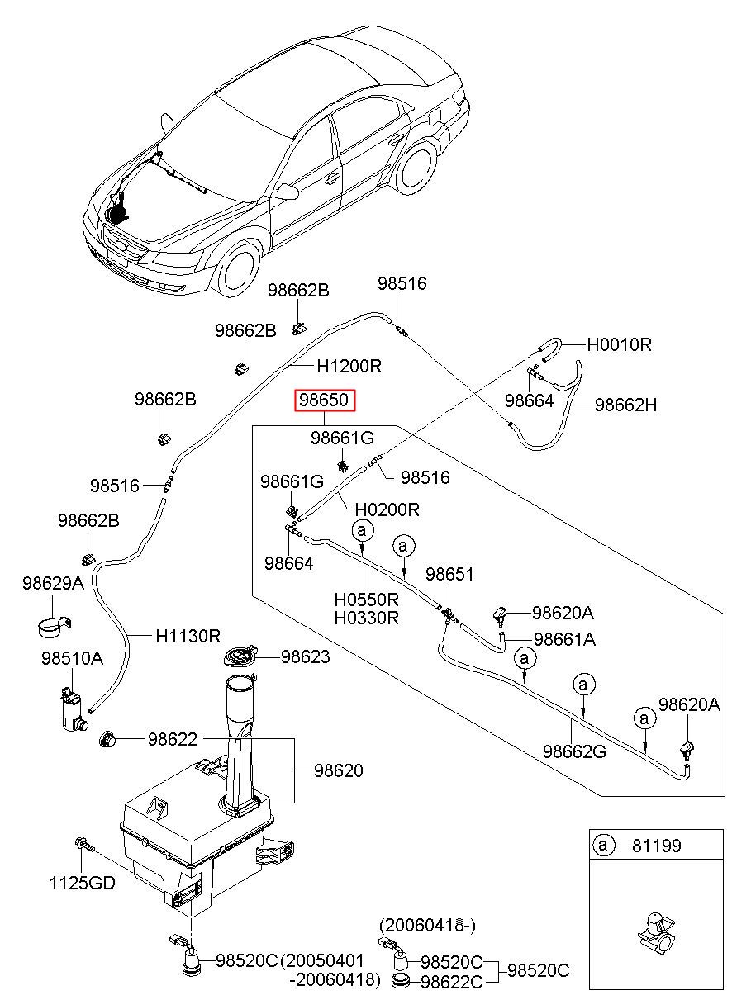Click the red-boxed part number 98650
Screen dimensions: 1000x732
[x=326, y=400]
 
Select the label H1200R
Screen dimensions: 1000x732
[x=349, y=365]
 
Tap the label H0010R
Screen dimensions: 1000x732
[x=619, y=344]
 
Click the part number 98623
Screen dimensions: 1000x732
[x=305, y=657]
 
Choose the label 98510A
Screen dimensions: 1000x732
[x=72, y=658]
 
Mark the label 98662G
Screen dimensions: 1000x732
[x=574, y=751]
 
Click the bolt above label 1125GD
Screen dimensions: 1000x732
[x=84, y=846]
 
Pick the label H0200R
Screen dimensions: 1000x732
[x=388, y=509]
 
